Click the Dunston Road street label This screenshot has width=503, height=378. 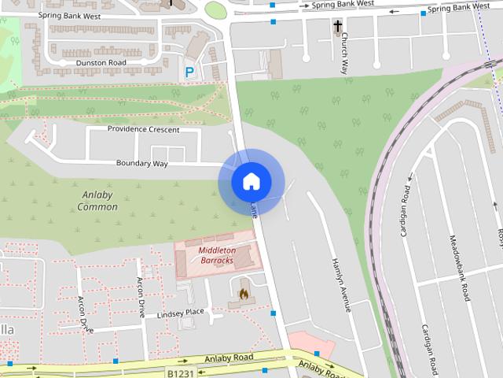tap(101, 62)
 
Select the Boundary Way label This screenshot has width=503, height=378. tap(142, 163)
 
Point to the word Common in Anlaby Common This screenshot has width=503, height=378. tap(97, 207)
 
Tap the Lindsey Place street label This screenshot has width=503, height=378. tap(181, 313)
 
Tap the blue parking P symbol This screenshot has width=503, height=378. tap(189, 72)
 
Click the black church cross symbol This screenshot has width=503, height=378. tap(338, 27)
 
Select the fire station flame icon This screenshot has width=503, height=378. tap(244, 295)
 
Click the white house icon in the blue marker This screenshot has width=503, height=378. tap(251, 182)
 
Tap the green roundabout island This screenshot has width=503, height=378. tap(215, 9)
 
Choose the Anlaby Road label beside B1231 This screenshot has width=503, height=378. tap(229, 358)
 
